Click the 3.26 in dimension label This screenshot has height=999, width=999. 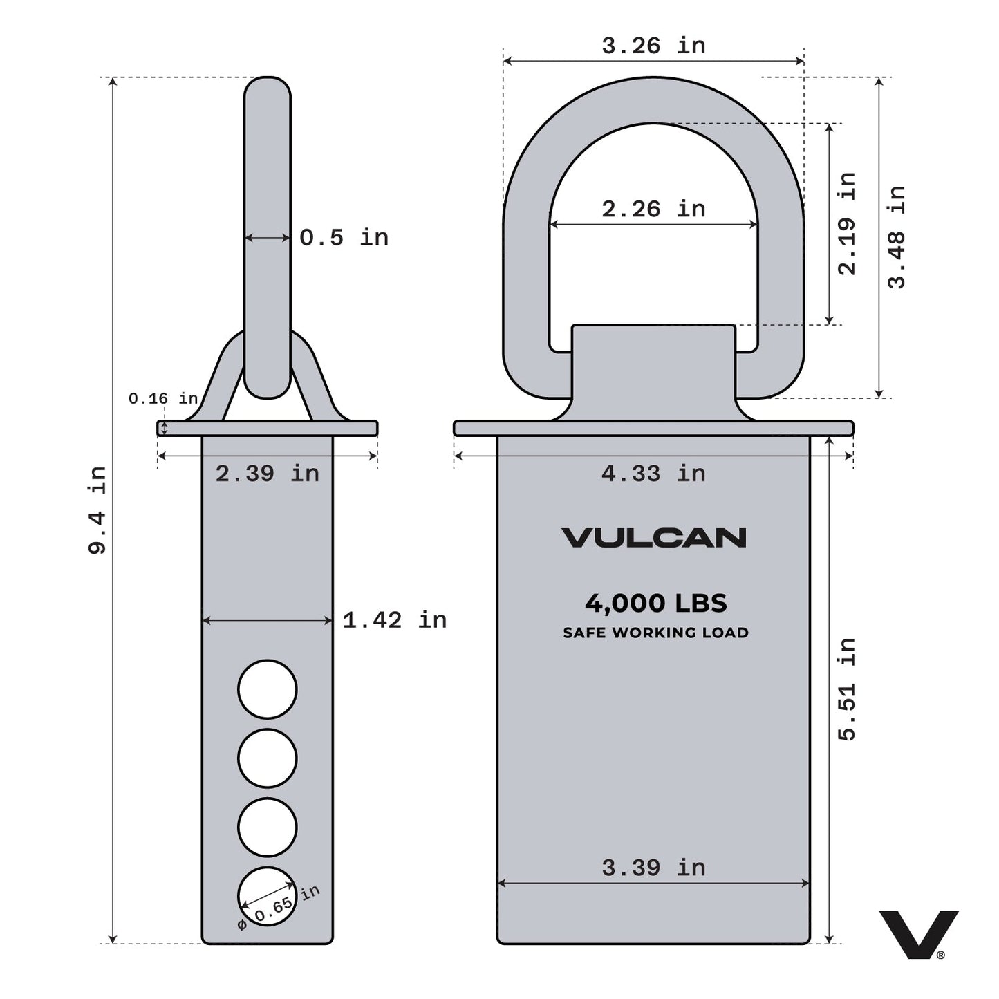pos(653,46)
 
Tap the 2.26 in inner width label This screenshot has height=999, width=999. pos(653,209)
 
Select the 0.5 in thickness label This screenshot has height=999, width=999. pos(344,238)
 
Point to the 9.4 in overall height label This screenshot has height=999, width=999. pos(97,510)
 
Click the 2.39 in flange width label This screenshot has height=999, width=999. pos(267,474)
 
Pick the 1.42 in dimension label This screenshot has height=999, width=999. pos(394,620)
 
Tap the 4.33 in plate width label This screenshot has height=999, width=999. pos(653,474)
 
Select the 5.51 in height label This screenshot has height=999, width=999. pos(846,689)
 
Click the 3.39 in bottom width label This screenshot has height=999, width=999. pos(653,868)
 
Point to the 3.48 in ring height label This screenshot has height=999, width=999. pos(896,237)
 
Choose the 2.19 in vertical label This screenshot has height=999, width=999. pos(846,223)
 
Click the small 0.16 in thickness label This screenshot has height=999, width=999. pos(163,399)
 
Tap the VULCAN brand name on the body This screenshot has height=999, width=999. pos(653,538)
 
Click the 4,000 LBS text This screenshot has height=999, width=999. pos(655,604)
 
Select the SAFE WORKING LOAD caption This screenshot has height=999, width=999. pos(655,633)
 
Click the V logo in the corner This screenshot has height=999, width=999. pos(918,934)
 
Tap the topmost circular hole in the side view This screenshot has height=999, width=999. pos(268,689)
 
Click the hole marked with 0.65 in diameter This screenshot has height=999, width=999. pos(268,897)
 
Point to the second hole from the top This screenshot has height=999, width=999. pos(268,758)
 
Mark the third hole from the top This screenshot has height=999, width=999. pos(268,827)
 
